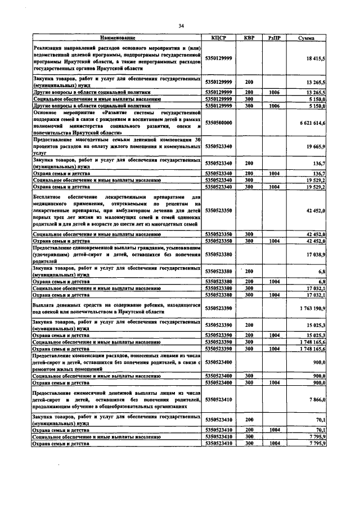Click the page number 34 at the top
point(181,26)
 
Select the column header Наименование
point(118,38)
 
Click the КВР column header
point(249,38)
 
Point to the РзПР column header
point(275,38)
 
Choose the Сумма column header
point(307,38)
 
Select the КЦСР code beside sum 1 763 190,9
point(219,308)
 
